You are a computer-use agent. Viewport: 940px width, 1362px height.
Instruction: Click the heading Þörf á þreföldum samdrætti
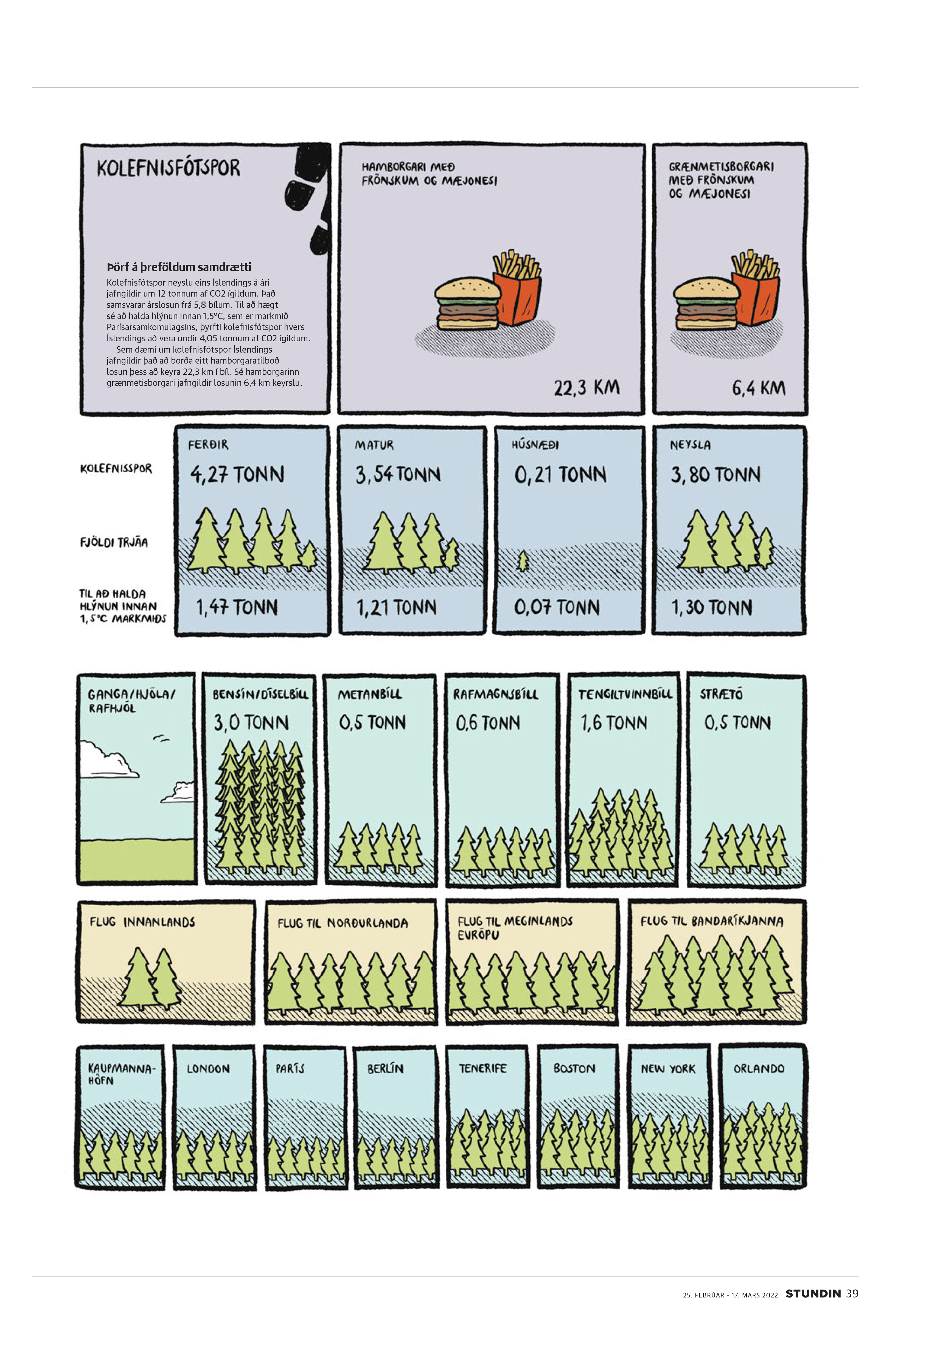(179, 267)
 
